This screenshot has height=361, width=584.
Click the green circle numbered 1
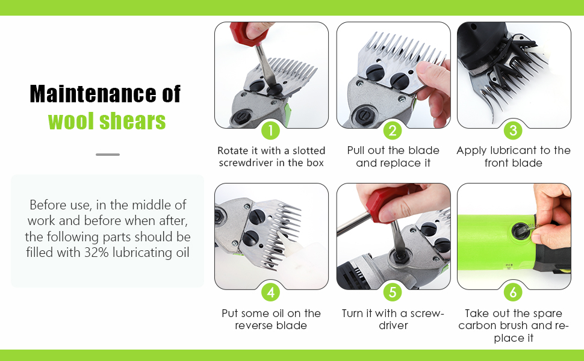tap(271, 131)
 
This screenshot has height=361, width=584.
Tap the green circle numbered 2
tap(393, 131)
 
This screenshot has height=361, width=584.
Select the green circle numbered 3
tap(513, 131)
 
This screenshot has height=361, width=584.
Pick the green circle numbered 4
tap(271, 292)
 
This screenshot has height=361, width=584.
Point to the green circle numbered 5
tap(393, 292)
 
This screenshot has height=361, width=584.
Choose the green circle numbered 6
tap(513, 292)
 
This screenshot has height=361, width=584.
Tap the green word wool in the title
tap(71, 121)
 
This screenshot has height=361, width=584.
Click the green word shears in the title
tap(132, 122)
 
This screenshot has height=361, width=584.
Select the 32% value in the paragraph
tap(96, 252)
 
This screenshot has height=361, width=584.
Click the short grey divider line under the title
tap(108, 155)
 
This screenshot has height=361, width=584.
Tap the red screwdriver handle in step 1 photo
tap(246, 32)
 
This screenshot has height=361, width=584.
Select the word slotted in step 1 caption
tap(309, 151)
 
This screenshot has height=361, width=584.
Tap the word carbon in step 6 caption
tap(480, 326)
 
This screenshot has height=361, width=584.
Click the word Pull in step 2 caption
tap(356, 150)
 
